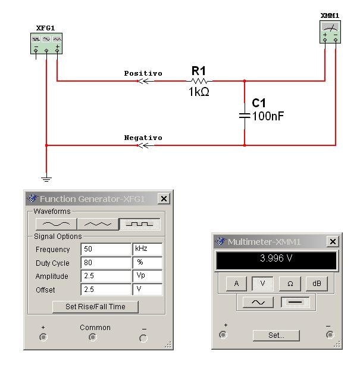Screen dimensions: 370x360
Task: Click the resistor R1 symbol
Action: pos(199,80)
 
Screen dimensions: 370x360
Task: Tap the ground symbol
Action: pos(46,178)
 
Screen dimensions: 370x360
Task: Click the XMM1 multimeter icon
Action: pos(330,30)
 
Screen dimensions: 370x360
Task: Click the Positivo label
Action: pos(143,73)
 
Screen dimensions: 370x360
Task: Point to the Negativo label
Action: pos(143,138)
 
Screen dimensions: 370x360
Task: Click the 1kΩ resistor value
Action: pos(199,92)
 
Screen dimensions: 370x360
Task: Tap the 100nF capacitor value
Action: pos(268,116)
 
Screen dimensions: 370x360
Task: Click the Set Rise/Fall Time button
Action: pos(95,306)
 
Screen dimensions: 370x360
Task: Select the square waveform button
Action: pos(140,224)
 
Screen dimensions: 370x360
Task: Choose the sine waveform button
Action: pos(57,224)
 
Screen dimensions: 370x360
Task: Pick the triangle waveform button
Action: pos(98,224)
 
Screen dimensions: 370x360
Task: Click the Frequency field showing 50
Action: pos(105,249)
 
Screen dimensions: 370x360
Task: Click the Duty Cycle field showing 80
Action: pos(105,263)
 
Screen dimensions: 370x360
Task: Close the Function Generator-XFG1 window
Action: pos(164,198)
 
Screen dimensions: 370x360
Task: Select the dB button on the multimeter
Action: pos(317,284)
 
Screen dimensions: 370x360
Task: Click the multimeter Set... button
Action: pos(276,335)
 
